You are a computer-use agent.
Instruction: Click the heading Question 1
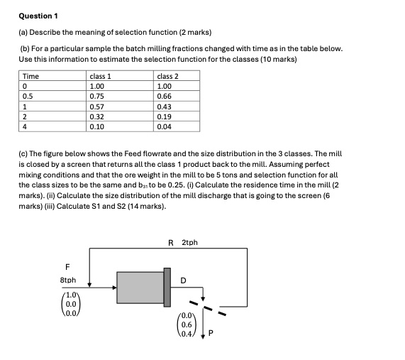coord(38,16)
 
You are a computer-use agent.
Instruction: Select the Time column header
coord(31,76)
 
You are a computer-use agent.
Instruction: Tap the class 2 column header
coord(167,76)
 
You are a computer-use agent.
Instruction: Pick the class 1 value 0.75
coord(98,96)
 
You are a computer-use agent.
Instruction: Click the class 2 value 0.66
coord(165,96)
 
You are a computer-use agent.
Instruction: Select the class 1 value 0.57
coord(98,106)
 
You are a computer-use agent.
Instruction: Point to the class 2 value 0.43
coord(165,106)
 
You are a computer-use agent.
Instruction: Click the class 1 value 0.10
coord(98,126)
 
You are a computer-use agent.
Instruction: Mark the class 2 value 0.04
coord(165,126)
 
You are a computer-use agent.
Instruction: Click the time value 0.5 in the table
coord(28,96)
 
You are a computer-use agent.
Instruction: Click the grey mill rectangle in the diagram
coord(140,288)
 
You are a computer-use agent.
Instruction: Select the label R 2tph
coord(183,243)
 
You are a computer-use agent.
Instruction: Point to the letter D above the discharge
coord(183,280)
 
